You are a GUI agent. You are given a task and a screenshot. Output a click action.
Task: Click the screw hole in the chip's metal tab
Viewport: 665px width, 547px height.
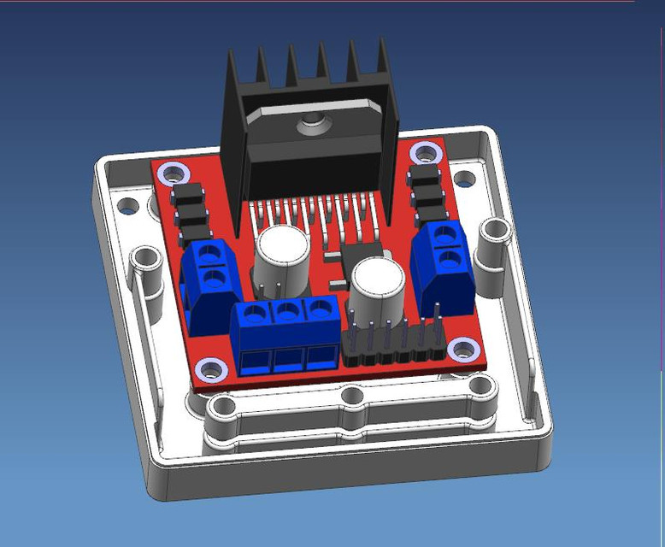(310, 126)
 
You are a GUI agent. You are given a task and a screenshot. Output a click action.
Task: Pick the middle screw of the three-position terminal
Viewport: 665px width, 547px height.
(288, 311)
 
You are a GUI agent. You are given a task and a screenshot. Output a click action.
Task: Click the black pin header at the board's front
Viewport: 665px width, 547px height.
(393, 346)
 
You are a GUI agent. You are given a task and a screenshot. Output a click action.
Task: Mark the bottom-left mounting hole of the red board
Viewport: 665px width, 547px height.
(209, 370)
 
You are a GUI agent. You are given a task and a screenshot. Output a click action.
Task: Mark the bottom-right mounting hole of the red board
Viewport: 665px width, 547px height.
(462, 349)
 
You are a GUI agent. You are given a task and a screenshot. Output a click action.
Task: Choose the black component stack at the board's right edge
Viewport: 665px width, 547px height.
(427, 190)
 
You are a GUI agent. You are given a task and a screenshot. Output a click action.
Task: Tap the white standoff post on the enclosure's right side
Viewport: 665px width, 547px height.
(494, 244)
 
